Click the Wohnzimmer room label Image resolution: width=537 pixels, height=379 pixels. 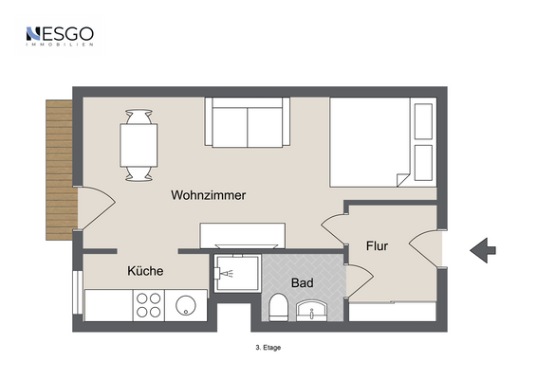[209, 195]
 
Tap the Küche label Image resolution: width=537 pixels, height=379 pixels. [145, 271]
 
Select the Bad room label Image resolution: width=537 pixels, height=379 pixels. [303, 282]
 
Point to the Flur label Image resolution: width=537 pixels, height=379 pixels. [378, 246]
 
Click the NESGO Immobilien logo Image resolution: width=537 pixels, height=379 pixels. [59, 36]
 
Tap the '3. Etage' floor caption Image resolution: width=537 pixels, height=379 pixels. [268, 347]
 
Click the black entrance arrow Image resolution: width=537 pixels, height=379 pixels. [483, 250]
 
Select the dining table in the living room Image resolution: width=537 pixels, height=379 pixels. [139, 145]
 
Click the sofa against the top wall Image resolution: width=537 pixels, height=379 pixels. [247, 124]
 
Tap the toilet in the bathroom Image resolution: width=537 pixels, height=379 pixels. [279, 306]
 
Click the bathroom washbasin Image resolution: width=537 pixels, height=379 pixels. [312, 309]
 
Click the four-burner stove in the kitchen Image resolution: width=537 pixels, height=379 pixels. [148, 305]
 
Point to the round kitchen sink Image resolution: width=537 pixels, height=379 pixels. [187, 305]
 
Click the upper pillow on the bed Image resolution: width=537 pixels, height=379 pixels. [423, 119]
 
